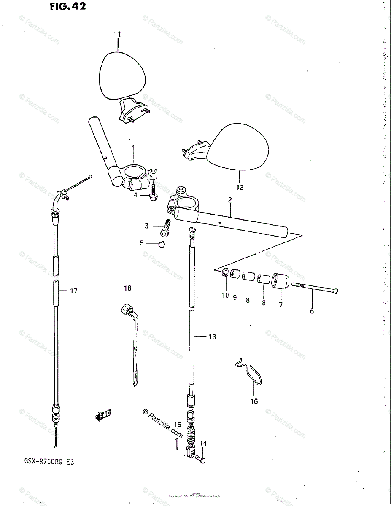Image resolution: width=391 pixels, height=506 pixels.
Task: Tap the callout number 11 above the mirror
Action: tap(117, 34)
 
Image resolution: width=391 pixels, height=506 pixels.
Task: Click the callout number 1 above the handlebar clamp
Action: tap(133, 148)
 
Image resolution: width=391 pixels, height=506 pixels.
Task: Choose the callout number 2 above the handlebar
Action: tap(230, 201)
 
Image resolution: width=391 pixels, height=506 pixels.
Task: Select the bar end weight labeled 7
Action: tap(280, 282)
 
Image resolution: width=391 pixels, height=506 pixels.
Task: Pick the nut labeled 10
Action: tap(225, 273)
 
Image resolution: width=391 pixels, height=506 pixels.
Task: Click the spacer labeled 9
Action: tap(235, 275)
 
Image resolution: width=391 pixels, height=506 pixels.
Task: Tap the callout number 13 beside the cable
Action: tap(212, 336)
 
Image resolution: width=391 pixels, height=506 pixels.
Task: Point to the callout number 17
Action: tap(73, 291)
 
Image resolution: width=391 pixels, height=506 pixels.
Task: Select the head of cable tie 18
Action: tap(125, 310)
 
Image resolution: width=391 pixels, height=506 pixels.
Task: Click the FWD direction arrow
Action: tap(103, 416)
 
